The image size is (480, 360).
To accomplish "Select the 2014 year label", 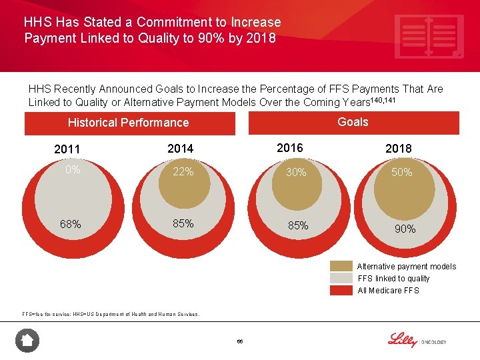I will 181,149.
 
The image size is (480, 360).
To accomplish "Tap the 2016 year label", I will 289,148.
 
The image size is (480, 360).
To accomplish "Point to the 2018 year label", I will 399,149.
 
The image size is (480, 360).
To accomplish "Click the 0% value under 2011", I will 73,170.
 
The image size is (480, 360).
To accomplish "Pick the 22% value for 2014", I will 183,172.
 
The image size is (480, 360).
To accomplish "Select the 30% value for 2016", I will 295,172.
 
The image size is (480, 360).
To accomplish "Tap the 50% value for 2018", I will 402,172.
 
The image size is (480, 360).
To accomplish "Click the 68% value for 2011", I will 70,224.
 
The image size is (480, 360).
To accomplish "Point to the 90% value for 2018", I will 405,229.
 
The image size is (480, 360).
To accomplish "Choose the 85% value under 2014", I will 183,223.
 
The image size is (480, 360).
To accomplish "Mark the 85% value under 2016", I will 297,226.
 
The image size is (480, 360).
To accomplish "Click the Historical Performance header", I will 129,123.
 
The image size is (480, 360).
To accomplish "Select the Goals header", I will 353,122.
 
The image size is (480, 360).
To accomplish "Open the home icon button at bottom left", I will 27,341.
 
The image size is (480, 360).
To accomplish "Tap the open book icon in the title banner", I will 429,37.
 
